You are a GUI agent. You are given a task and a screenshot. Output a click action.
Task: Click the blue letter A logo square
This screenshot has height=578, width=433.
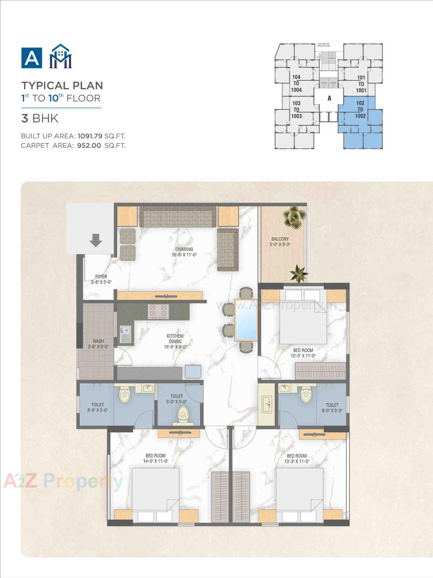[x=32, y=58]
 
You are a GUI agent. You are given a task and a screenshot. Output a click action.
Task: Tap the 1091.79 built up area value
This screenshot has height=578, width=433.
[x=90, y=136]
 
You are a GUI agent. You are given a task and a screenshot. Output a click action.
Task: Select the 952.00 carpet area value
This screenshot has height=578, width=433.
[x=89, y=145]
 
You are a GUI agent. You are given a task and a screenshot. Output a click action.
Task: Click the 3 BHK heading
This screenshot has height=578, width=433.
[x=40, y=118]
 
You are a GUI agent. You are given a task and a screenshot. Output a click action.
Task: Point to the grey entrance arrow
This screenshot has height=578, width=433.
[x=96, y=240]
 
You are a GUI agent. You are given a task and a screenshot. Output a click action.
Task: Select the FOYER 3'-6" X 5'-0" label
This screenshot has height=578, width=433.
[x=101, y=279]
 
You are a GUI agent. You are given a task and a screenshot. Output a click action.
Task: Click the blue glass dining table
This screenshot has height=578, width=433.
[x=246, y=320]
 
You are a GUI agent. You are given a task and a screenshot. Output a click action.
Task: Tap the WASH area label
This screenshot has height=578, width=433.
[x=98, y=344]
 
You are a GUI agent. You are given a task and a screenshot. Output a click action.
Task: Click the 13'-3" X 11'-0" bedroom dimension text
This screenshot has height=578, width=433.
[x=297, y=461]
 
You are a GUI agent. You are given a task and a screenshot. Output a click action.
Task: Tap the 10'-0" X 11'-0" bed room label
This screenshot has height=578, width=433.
[x=303, y=353]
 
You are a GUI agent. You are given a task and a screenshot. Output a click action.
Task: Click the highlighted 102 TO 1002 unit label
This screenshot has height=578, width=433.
[x=360, y=109]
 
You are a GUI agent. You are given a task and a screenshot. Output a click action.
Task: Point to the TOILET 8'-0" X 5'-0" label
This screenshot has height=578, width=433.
[x=332, y=408]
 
